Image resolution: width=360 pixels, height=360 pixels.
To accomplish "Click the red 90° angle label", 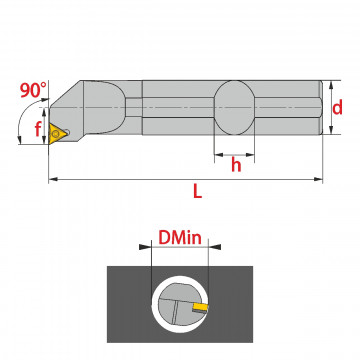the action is coord(34,90).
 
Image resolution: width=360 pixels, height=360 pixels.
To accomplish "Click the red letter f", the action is coord(38,129).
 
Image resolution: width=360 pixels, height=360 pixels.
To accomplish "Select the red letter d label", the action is coord(337,108).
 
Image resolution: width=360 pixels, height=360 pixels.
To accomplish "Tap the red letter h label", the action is coord(236,165).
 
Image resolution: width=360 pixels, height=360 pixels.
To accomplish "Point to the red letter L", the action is coord(197,191).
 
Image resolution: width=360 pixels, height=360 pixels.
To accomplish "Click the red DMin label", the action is coord(180,238).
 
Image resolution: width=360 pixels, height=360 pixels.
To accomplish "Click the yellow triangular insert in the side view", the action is coord(55,133).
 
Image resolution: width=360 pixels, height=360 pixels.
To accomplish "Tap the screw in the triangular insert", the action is coord(56,134).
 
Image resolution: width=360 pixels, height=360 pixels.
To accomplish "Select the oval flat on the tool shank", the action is coord(234,108).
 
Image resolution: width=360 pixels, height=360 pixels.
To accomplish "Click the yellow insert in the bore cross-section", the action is coord(201,306).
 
